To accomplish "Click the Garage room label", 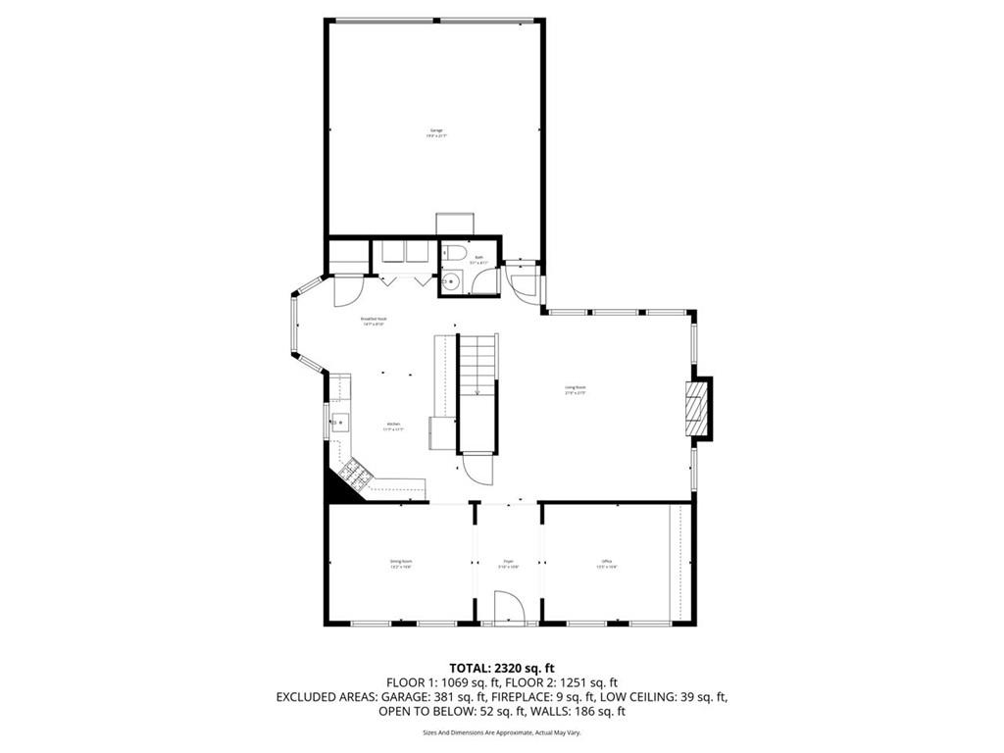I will click(436, 132).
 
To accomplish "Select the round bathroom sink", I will click(451, 281).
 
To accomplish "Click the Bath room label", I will click(477, 260).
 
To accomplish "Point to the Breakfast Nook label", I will click(375, 321).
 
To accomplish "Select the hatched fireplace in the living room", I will click(695, 406).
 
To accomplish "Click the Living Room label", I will click(575, 389).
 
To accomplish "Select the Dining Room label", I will click(400, 564).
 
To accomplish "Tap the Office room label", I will click(607, 564).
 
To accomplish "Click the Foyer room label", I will click(508, 564).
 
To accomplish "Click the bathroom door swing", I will click(484, 281).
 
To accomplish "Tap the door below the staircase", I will click(479, 468).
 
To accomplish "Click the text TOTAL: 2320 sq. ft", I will click(501, 668).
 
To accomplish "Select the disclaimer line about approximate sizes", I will click(501, 732).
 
